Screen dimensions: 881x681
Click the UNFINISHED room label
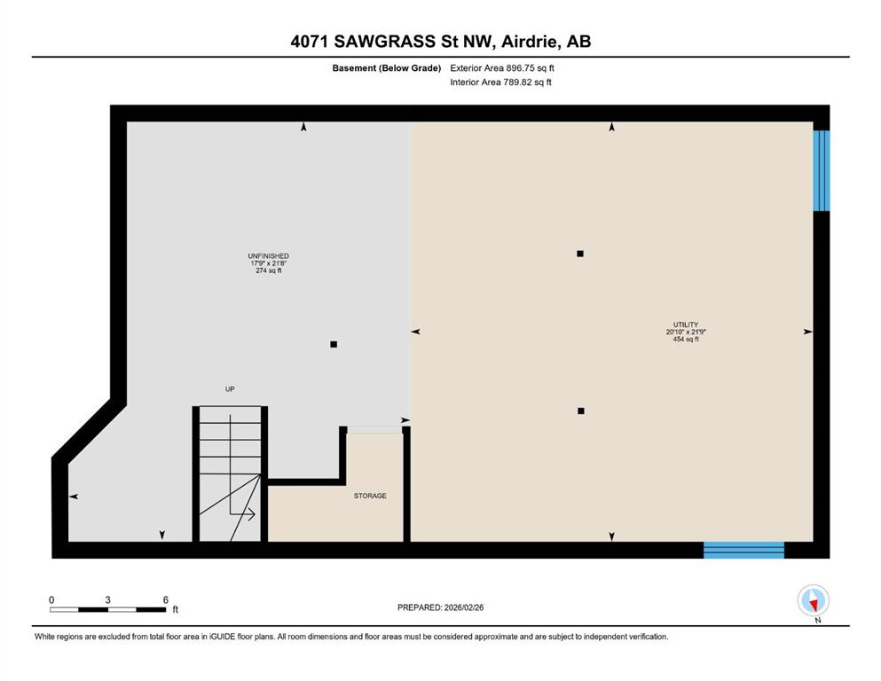[269, 256]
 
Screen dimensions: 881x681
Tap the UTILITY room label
[686, 325]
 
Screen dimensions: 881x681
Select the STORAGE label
[370, 496]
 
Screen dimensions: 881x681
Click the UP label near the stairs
[230, 389]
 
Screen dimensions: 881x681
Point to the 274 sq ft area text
[269, 270]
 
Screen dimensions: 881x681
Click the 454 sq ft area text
[686, 339]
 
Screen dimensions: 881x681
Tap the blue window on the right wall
[822, 170]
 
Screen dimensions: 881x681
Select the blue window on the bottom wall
[743, 550]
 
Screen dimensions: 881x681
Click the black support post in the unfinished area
[334, 344]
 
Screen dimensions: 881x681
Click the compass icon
[813, 600]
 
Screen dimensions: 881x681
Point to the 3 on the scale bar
[107, 599]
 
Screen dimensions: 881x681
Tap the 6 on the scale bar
[165, 599]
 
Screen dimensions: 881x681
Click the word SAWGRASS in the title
[384, 42]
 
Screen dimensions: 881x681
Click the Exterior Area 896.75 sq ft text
[502, 68]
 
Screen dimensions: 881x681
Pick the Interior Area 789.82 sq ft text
[500, 82]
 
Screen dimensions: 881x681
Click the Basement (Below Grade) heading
[387, 68]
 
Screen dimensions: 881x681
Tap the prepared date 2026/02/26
[463, 607]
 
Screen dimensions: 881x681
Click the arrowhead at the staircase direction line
[250, 513]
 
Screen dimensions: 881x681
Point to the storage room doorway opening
[374, 430]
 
